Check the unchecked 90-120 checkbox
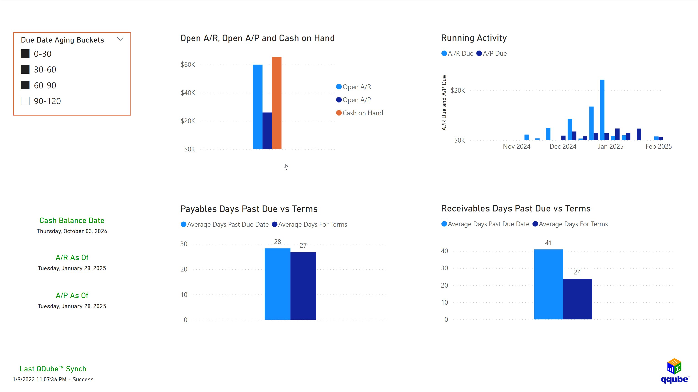[x=25, y=101]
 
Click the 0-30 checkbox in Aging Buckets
[x=25, y=54]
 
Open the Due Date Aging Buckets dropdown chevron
[x=120, y=39]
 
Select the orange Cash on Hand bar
[x=277, y=103]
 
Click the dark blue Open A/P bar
[x=267, y=131]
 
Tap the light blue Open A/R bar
[x=258, y=107]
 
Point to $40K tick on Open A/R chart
[x=188, y=93]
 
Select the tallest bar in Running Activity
[x=602, y=110]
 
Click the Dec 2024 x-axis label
[x=563, y=146]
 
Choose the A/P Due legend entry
[x=494, y=54]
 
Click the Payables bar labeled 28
[x=278, y=284]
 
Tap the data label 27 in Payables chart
[x=303, y=246]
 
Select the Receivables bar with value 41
[x=548, y=284]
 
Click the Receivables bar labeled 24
[x=577, y=299]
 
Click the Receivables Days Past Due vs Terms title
[x=516, y=209]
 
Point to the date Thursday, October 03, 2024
[x=72, y=231]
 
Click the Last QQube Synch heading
[x=53, y=369]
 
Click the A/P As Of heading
[x=72, y=295]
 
